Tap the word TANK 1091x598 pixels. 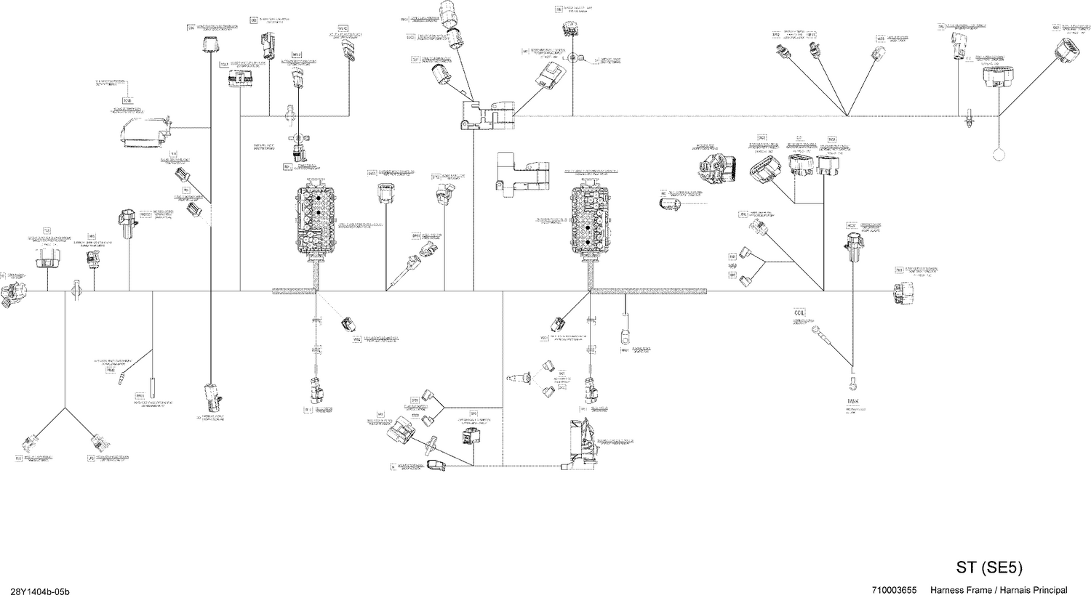tap(852, 400)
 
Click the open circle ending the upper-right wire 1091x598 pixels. tap(997, 153)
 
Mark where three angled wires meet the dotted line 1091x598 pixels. tap(848, 116)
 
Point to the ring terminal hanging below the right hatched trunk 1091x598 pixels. tap(624, 336)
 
